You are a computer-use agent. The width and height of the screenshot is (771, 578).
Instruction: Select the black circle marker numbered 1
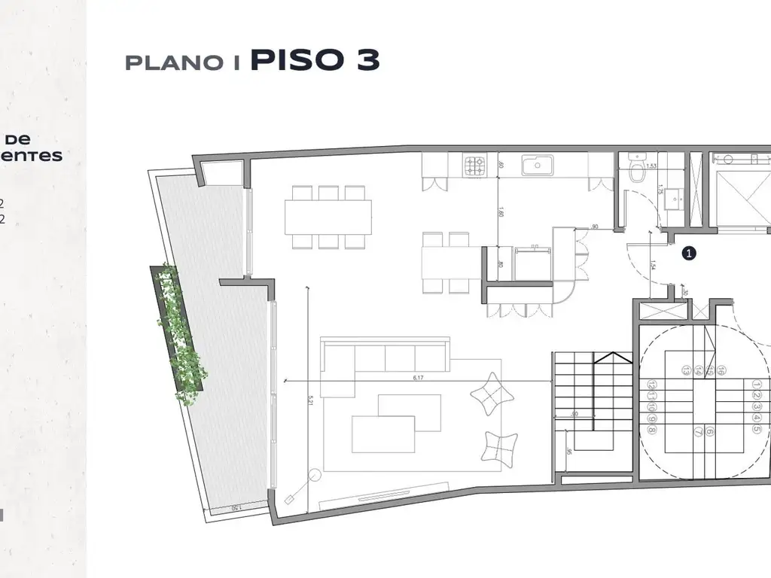point(688,254)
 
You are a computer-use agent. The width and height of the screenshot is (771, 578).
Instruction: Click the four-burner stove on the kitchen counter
point(476,165)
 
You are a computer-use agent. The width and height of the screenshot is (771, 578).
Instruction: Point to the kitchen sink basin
point(539,165)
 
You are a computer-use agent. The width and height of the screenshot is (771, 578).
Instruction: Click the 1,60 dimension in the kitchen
point(500,213)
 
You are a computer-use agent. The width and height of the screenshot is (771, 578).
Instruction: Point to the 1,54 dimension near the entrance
point(653,265)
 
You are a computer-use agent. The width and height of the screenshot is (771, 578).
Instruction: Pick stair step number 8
point(651,430)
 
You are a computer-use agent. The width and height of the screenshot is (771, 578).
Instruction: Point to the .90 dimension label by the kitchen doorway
point(594,226)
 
